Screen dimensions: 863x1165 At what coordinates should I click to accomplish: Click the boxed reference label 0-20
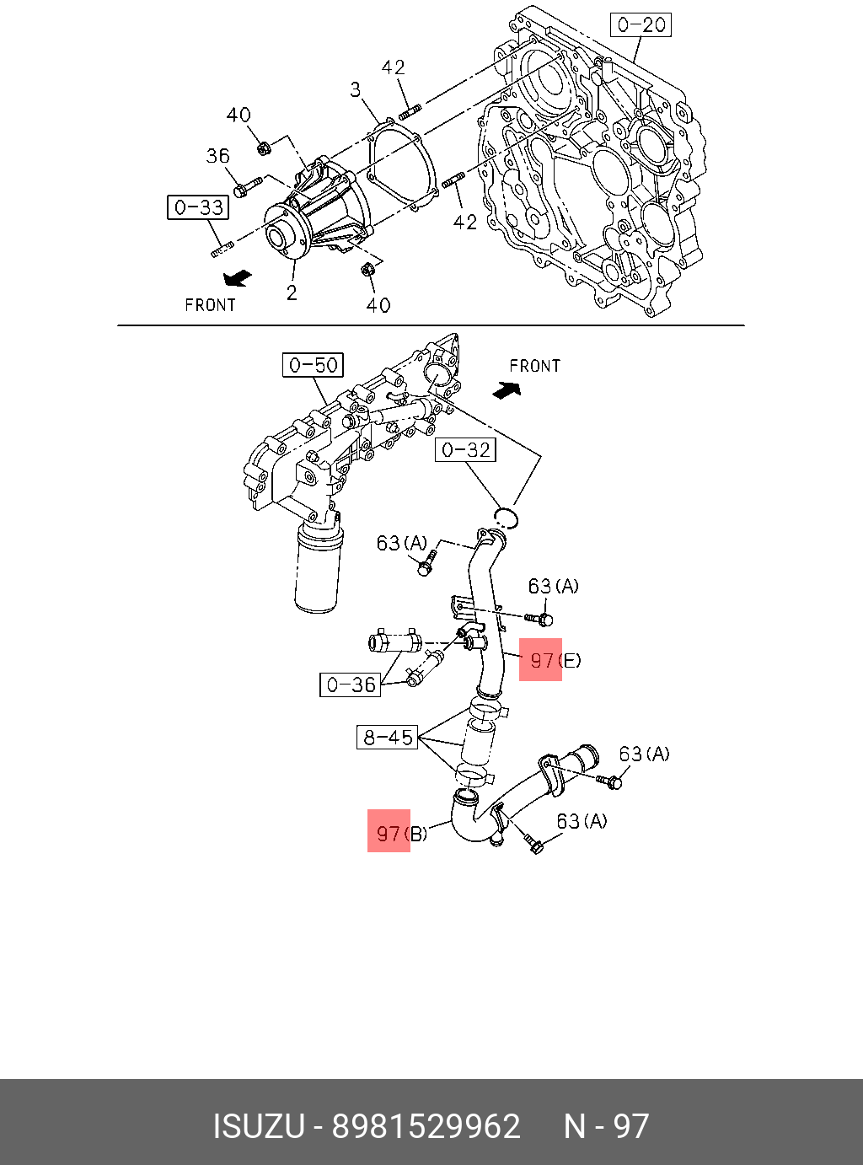point(641,24)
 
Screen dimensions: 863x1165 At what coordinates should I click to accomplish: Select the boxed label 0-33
point(198,207)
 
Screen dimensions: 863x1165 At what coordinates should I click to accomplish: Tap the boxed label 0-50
point(313,364)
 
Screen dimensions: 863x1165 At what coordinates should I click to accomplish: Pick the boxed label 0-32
point(465,449)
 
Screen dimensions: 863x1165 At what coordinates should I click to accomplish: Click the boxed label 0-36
point(351,685)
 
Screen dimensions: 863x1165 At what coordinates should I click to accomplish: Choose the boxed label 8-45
point(387,737)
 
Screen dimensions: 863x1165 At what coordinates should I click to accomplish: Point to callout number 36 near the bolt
point(217,155)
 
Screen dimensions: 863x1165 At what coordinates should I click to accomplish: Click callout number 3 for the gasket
point(356,90)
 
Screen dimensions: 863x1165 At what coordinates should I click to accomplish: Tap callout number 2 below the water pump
point(292,293)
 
